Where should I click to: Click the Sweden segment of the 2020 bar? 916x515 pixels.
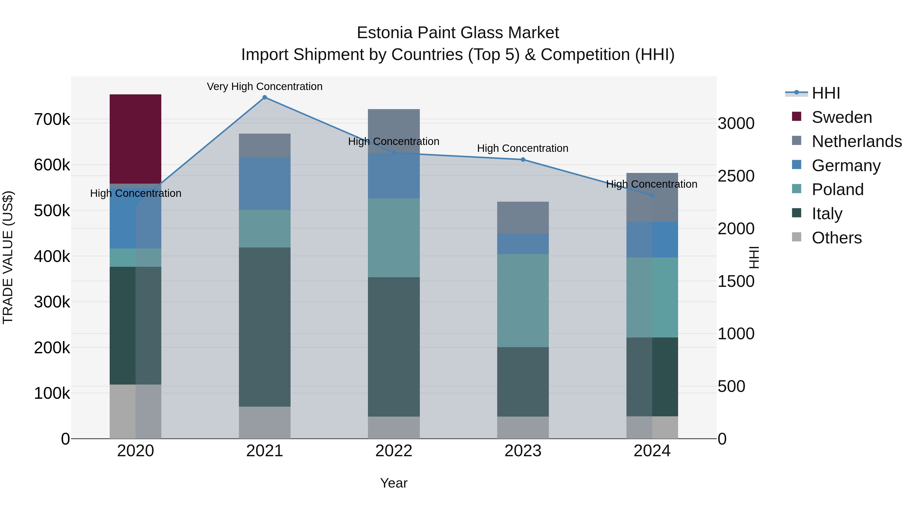[135, 139]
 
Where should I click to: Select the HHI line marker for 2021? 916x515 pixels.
[265, 97]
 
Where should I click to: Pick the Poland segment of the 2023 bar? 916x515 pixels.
[523, 300]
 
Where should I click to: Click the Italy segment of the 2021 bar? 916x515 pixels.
[265, 327]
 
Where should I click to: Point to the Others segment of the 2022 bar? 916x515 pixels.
[394, 427]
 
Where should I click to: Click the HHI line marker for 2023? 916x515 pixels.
[523, 159]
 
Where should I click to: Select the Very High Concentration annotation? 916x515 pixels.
[265, 86]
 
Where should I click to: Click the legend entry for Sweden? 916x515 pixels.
[841, 117]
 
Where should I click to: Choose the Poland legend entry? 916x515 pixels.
[837, 189]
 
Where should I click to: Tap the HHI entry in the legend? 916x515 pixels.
[826, 93]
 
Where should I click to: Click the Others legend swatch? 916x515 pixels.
[796, 237]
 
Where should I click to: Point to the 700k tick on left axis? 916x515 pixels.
[52, 120]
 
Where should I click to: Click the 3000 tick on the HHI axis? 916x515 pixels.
[736, 124]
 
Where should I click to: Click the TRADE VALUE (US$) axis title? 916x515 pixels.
[8, 257]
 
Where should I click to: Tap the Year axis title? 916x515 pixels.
[394, 483]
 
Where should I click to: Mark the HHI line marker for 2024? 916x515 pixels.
[652, 195]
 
